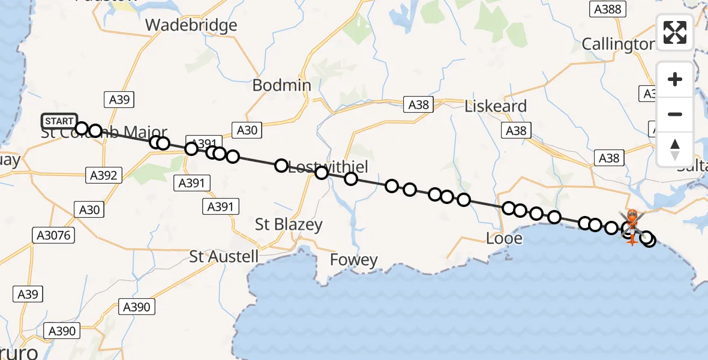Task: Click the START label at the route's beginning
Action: (59, 121)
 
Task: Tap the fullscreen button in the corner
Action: (675, 32)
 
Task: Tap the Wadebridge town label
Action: (191, 25)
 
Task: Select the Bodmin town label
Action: (281, 85)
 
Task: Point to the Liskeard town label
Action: (496, 106)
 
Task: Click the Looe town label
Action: (504, 239)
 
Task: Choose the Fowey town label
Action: (354, 260)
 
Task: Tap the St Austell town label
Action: (224, 257)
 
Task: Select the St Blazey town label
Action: (289, 225)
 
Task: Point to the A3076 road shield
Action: (53, 235)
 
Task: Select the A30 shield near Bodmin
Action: (247, 130)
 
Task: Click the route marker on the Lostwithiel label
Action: (321, 173)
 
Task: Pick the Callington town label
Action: (618, 44)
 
